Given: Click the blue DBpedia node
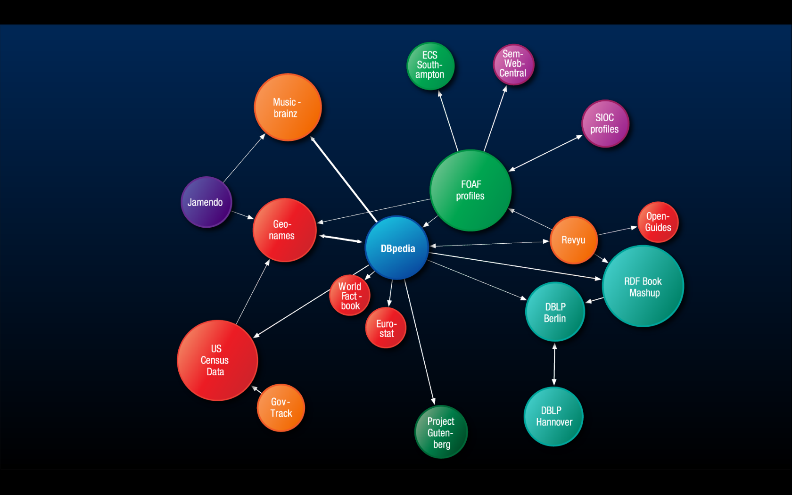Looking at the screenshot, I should tap(397, 248).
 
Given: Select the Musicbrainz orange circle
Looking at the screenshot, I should tap(288, 107).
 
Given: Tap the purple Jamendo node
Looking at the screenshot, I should tap(206, 202).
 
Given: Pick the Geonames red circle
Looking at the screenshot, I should tap(284, 230).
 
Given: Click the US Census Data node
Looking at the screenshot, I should tap(217, 360).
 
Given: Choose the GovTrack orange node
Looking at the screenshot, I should tap(281, 408).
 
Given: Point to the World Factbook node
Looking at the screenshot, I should tap(349, 296).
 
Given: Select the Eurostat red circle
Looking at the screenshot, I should tap(386, 328).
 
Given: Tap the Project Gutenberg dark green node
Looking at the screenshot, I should tap(441, 432).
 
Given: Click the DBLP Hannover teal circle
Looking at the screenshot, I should tap(553, 416).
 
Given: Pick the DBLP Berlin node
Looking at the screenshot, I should tap(555, 312).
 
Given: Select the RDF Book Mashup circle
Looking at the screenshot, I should tap(643, 286).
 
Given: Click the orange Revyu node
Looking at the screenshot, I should tap(574, 240).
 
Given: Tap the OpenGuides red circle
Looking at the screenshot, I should tap(658, 222).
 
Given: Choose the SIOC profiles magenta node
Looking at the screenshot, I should tap(605, 124).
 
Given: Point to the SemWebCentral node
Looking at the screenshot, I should tap(513, 65).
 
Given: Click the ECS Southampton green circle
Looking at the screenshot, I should tap(430, 66).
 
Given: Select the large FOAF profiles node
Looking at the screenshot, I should tap(470, 190).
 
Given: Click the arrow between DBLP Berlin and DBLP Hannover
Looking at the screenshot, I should tap(554, 364).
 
